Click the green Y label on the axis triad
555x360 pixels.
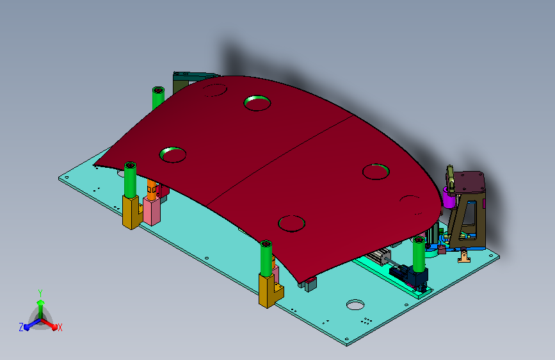[x=40, y=293]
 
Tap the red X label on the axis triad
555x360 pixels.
[x=60, y=327]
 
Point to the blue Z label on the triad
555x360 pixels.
[x=21, y=327]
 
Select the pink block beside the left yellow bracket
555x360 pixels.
[x=152, y=211]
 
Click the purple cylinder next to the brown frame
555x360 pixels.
[x=449, y=197]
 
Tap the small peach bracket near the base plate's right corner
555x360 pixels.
[x=464, y=256]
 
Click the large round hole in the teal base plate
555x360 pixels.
[x=355, y=304]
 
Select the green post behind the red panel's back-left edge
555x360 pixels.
[x=158, y=98]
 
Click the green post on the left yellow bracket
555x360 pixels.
[x=130, y=180]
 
